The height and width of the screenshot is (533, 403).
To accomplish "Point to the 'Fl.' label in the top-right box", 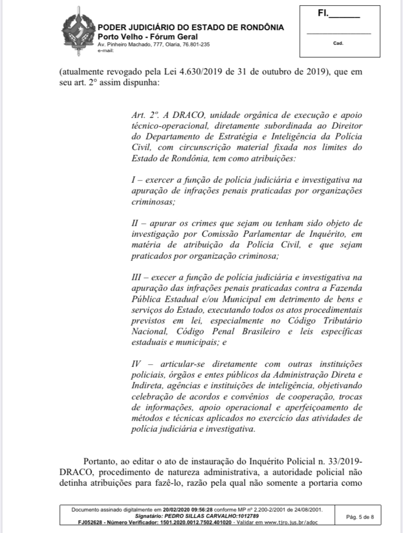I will pyautogui.click(x=322, y=14).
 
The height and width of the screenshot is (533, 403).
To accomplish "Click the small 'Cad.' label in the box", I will pyautogui.click(x=338, y=43).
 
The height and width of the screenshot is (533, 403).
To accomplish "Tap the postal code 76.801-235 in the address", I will pyautogui.click(x=193, y=44).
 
